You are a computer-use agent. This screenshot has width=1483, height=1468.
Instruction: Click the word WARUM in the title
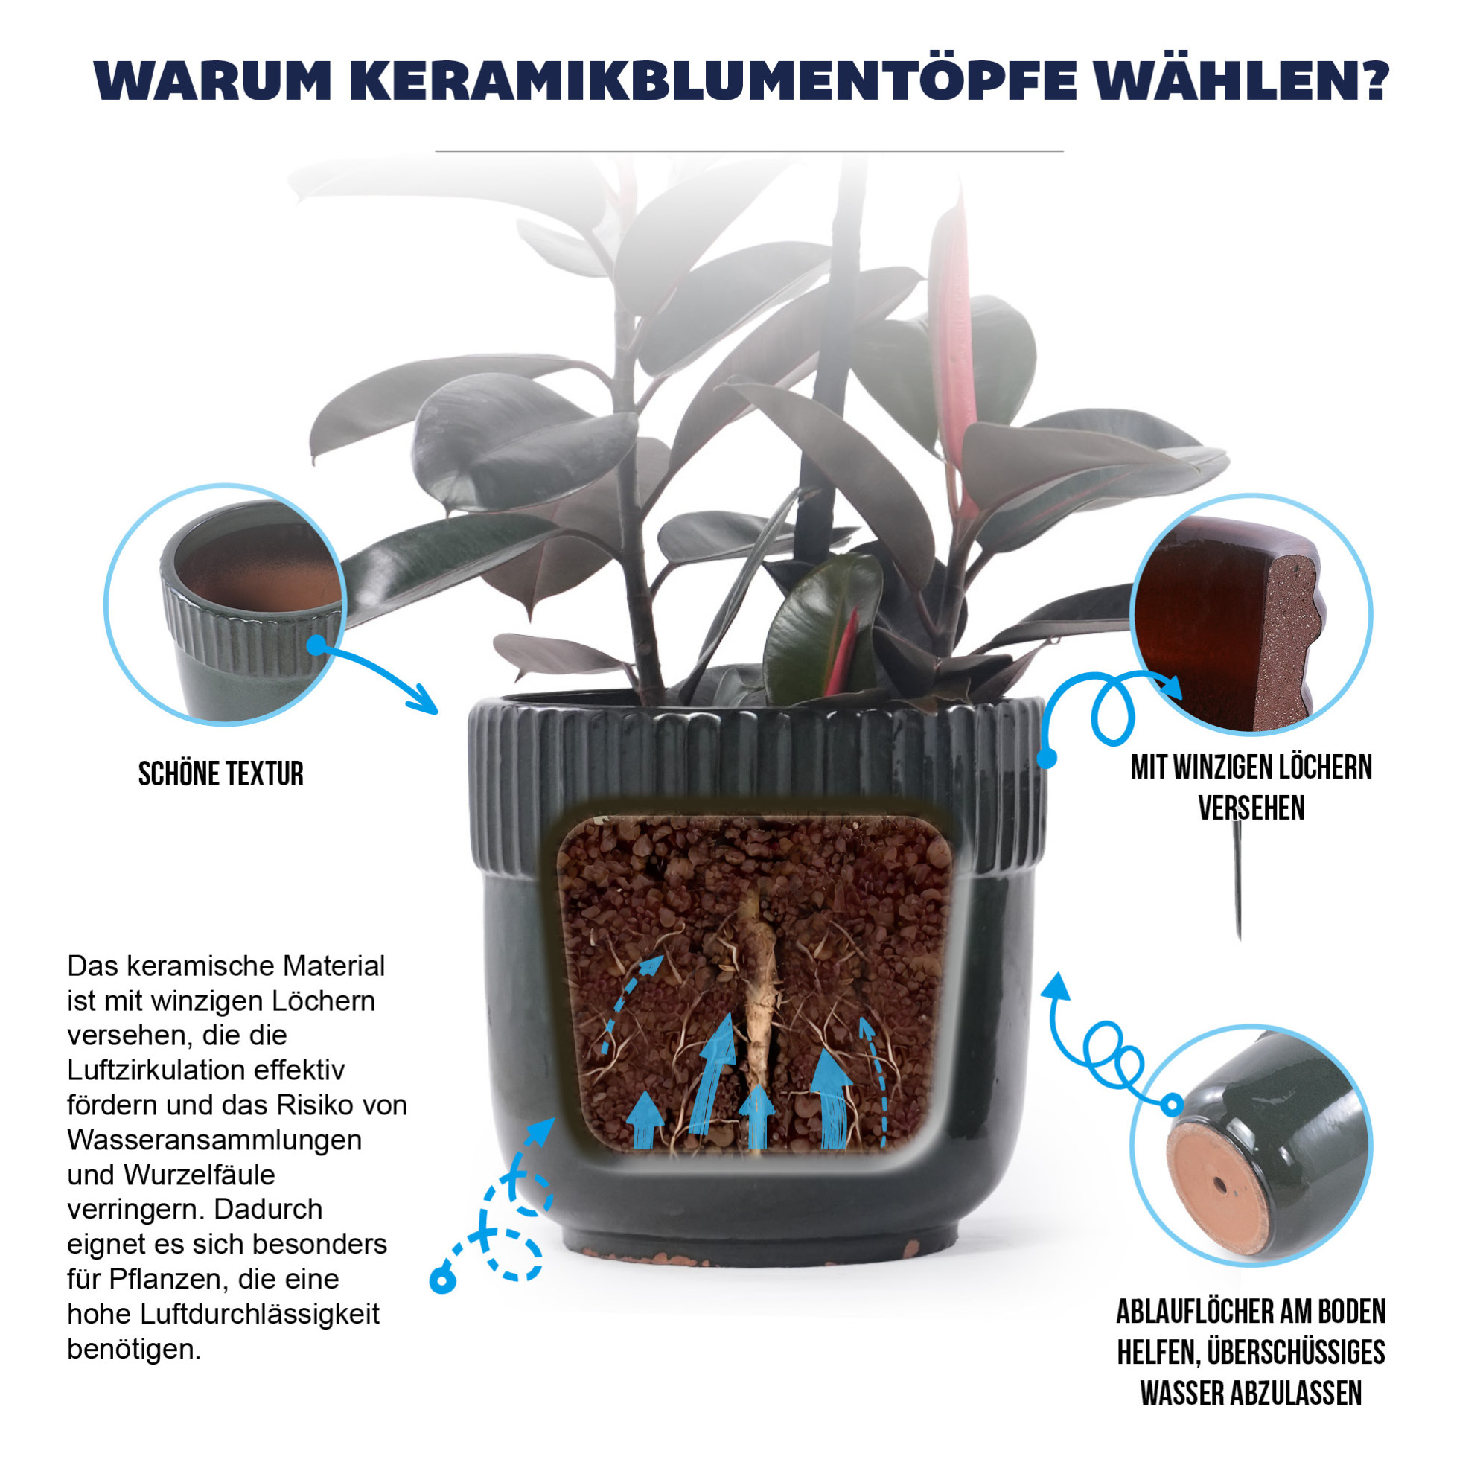point(213,79)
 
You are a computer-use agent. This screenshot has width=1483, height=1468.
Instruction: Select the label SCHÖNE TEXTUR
point(221,773)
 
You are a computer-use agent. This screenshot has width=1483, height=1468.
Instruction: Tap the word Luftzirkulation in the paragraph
point(205,1070)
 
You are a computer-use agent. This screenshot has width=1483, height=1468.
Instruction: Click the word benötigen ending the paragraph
point(134,1348)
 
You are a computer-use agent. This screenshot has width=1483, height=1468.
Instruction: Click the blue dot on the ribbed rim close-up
point(316,645)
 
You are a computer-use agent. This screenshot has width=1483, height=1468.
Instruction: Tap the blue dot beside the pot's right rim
point(1047,758)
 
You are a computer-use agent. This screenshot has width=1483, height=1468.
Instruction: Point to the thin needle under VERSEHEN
point(1238,880)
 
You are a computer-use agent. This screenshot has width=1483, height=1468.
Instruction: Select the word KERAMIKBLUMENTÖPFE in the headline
point(714,79)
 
